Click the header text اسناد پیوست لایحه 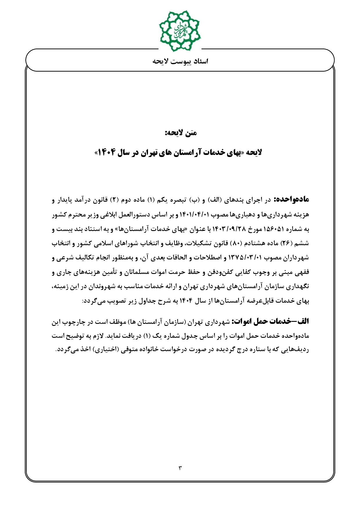tap(180, 62)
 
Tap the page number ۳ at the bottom tap(180, 468)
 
